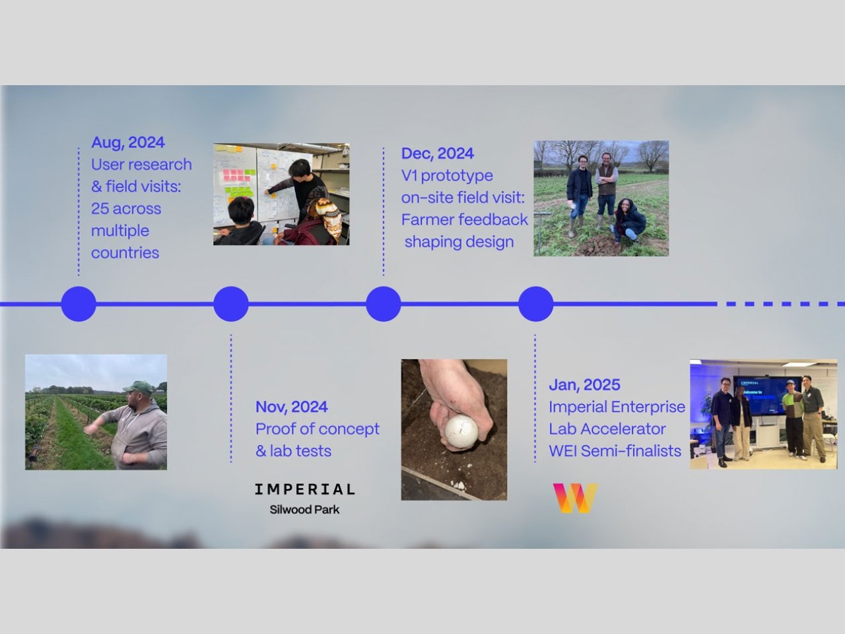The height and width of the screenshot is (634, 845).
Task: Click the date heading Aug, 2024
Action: tap(128, 143)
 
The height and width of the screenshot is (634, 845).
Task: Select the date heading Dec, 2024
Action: tap(437, 153)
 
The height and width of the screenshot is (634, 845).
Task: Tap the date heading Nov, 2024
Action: tap(291, 407)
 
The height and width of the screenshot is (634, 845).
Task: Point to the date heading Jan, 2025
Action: tap(584, 384)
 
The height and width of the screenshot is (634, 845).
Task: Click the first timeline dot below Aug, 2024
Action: tap(79, 304)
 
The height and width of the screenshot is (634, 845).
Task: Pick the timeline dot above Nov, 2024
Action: tap(231, 304)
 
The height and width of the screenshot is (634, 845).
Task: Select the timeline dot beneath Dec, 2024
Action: tap(384, 304)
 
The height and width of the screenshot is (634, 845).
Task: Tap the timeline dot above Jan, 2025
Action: tap(536, 304)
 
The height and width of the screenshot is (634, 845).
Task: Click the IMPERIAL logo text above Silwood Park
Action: tap(304, 489)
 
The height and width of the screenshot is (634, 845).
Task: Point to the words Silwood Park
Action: tap(304, 510)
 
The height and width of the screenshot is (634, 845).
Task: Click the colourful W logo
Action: tap(575, 498)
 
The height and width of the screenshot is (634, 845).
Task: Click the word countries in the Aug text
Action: tap(125, 253)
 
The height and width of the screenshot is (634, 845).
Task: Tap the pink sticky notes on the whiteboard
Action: tap(233, 175)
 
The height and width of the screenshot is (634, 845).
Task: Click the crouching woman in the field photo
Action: tap(628, 221)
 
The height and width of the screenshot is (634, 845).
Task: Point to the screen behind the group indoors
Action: tap(766, 395)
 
